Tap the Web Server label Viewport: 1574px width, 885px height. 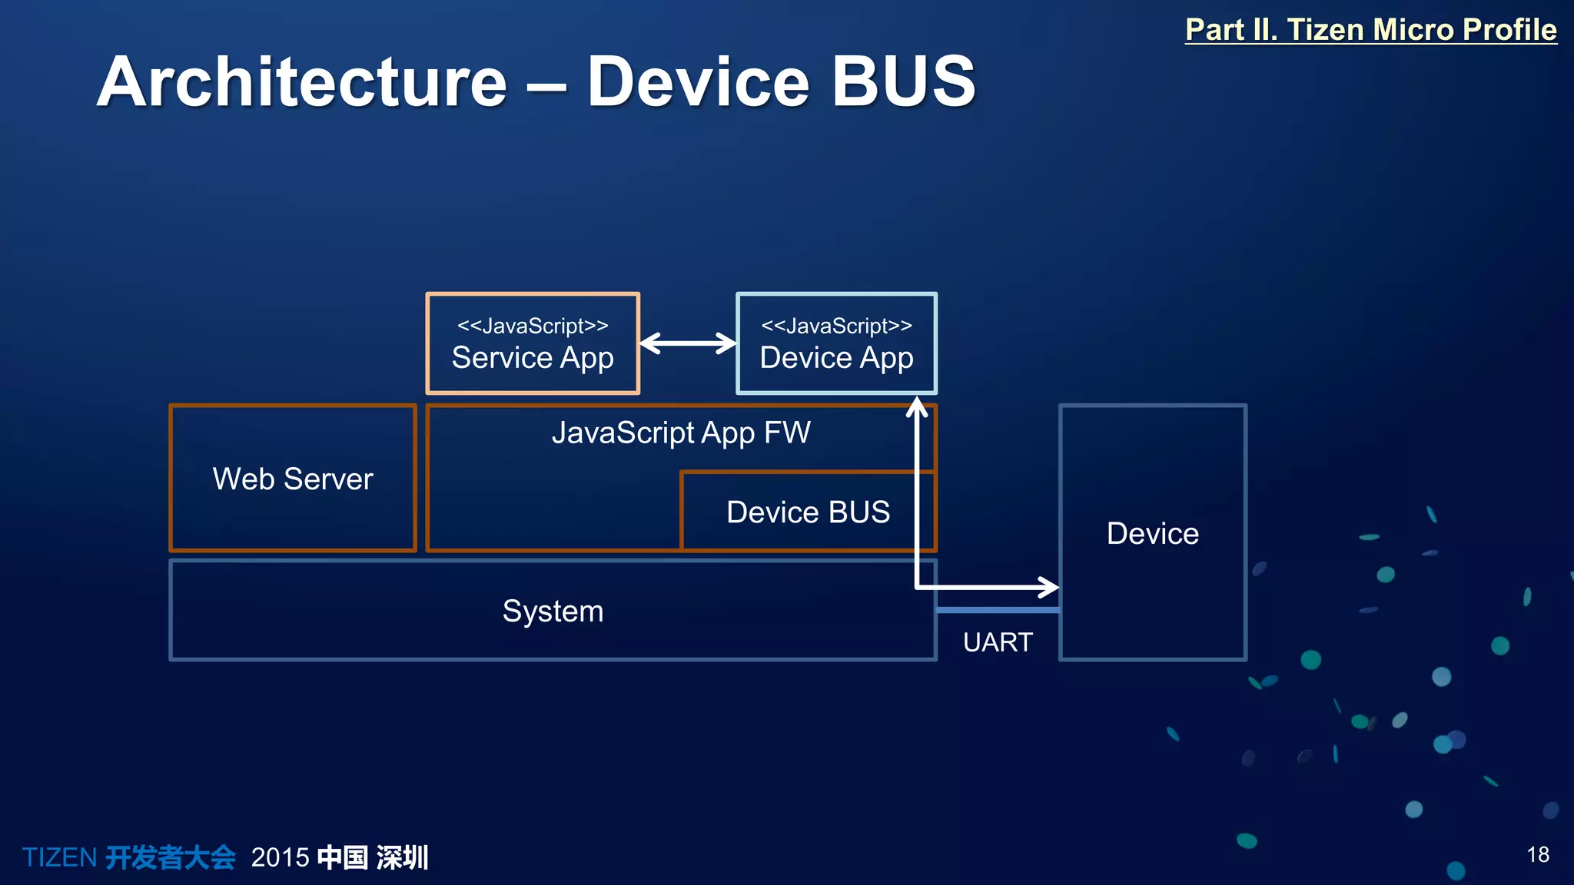point(293,479)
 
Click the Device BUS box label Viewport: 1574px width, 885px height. point(808,512)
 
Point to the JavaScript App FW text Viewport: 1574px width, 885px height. point(681,433)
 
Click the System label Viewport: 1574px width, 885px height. point(553,612)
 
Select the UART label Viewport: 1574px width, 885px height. point(998,641)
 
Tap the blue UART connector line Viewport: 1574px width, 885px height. point(998,610)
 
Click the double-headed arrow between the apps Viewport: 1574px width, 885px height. point(688,343)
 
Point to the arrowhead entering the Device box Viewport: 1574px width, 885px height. point(1050,588)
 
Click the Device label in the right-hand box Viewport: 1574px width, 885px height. point(1152,533)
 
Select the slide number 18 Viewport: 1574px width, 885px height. point(1537,854)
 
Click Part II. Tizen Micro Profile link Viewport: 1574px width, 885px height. point(1370,29)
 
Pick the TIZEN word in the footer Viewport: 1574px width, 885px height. point(59,857)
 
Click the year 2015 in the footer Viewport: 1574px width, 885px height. point(280,857)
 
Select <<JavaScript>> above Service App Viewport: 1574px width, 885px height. point(533,326)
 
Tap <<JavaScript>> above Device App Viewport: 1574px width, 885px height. point(836,326)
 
